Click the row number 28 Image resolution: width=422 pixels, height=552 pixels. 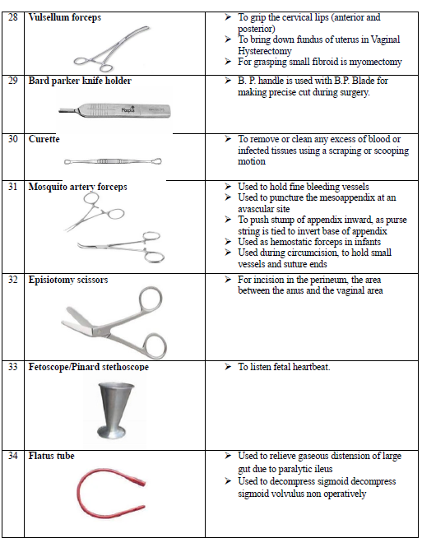pos(13,17)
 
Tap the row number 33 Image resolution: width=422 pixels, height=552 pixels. pos(13,367)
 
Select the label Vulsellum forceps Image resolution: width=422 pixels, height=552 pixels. pos(65,17)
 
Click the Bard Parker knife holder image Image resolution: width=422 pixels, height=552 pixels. pos(114,110)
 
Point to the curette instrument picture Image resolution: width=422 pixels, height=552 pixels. pos(113,161)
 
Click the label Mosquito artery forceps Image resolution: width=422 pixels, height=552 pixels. pos(78,187)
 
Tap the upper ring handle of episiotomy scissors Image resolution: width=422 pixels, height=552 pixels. pos(151,299)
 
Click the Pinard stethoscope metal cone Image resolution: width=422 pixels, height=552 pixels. pos(113,411)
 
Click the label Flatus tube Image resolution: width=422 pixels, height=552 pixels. pos(51,456)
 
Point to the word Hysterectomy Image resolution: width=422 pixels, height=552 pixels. pos(265,51)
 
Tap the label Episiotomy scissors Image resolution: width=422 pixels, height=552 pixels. pos(68,280)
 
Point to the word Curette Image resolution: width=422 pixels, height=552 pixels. pos(44,139)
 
